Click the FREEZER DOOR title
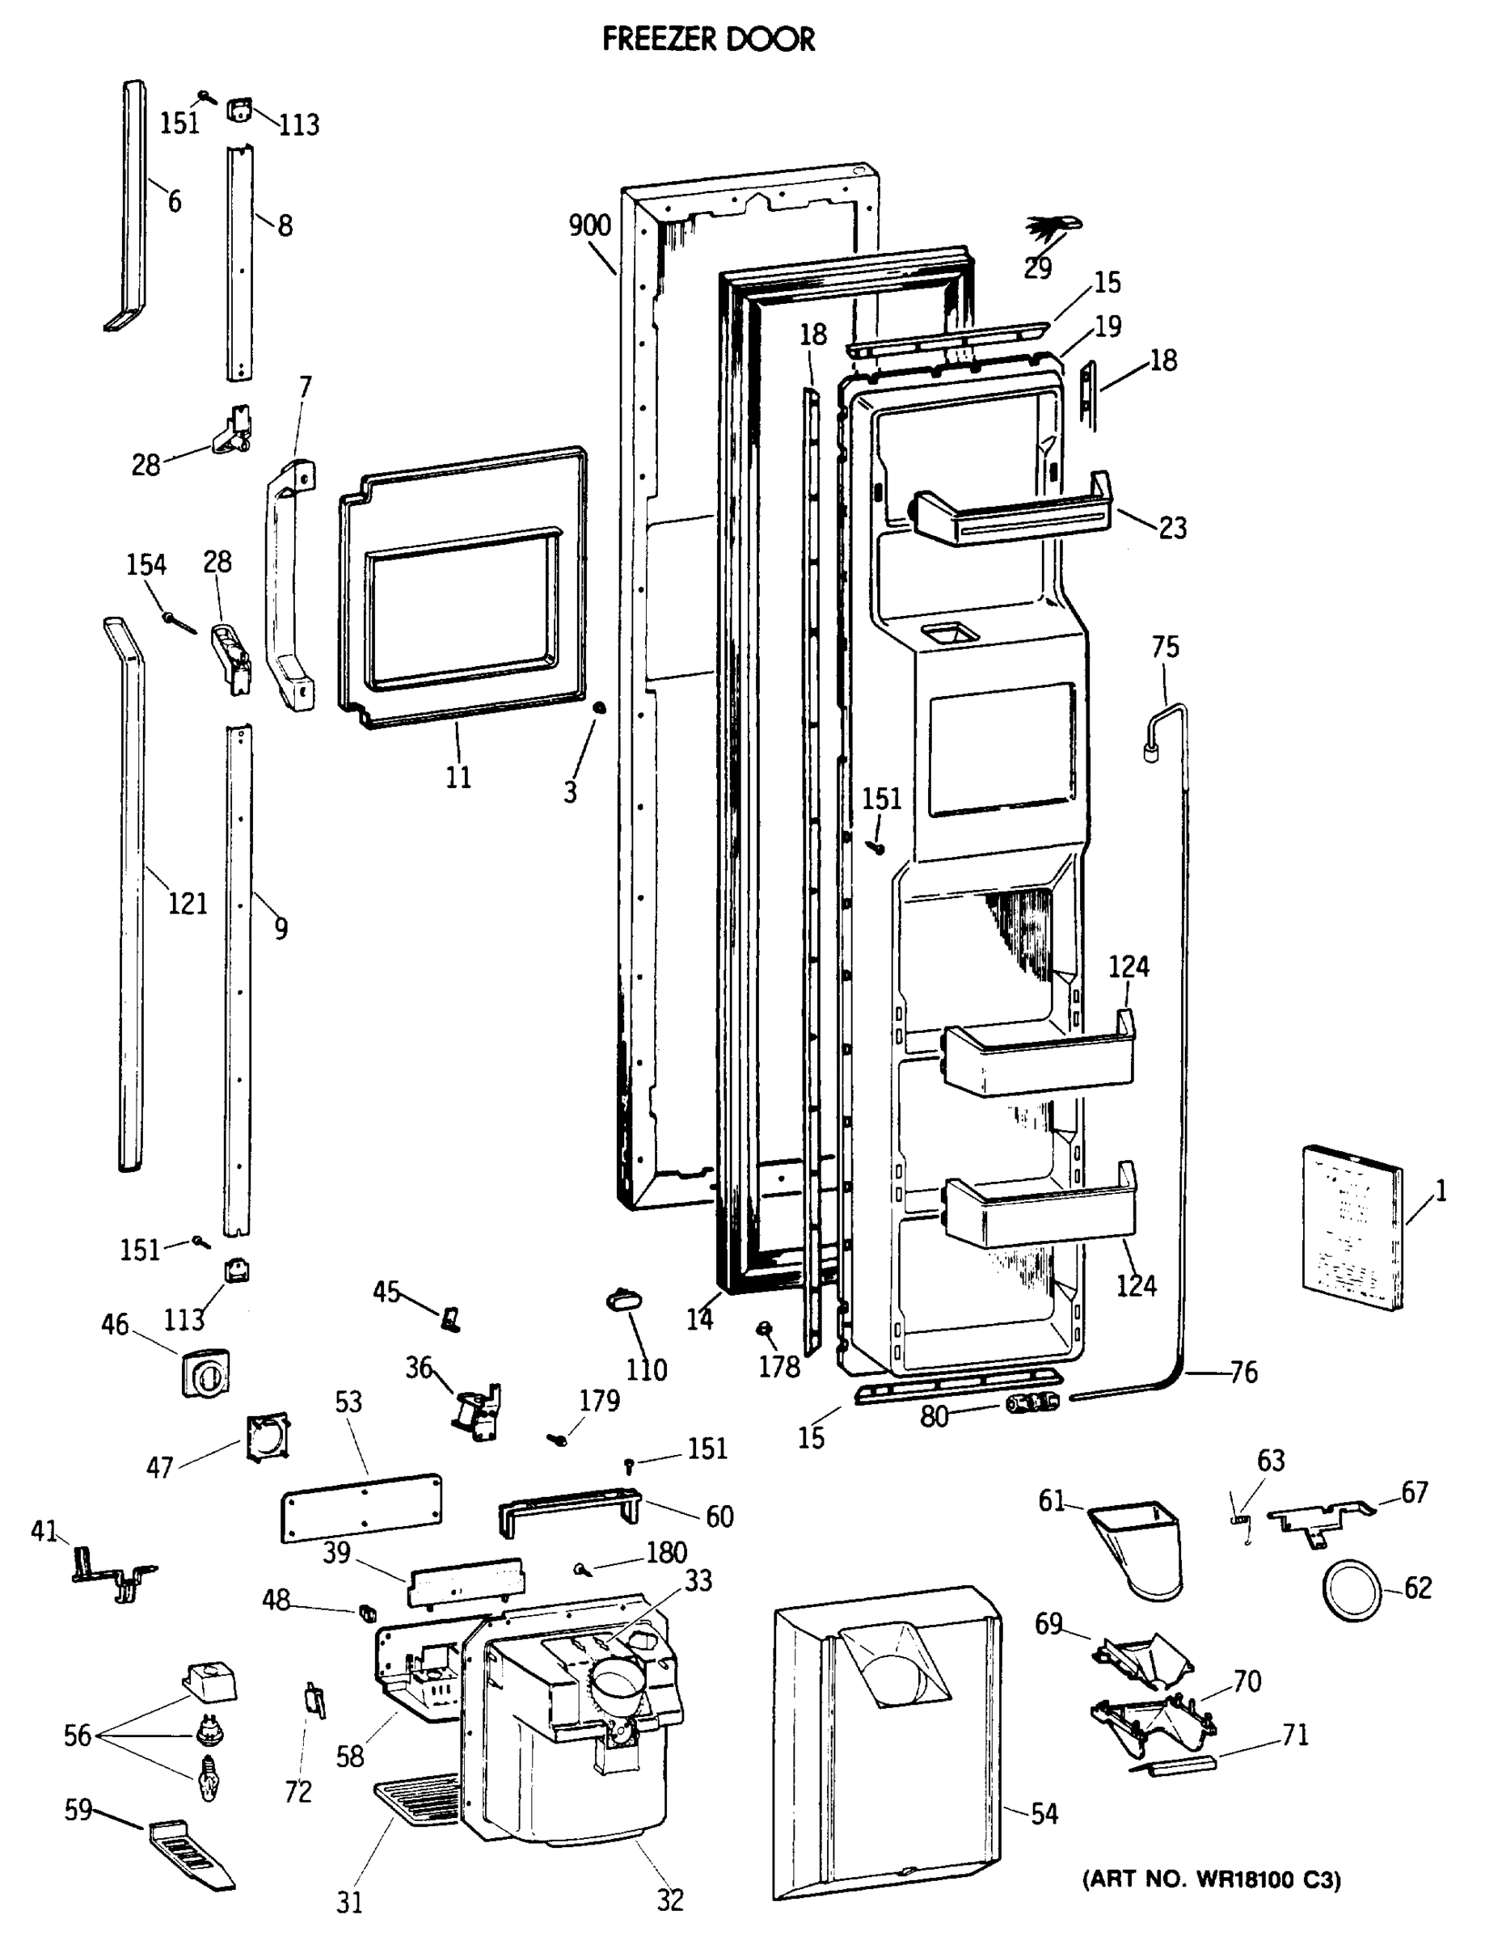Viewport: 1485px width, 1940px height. pyautogui.click(x=708, y=40)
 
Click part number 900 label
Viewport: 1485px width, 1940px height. pyautogui.click(x=589, y=226)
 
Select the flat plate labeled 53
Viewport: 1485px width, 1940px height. pyautogui.click(x=361, y=1508)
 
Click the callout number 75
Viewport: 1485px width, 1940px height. pyautogui.click(x=1165, y=647)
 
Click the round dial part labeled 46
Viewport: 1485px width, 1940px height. pyautogui.click(x=206, y=1374)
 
